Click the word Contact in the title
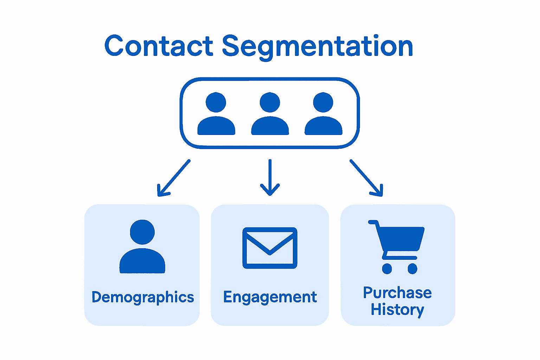[159, 46]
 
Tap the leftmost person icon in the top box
[216, 114]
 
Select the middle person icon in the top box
[270, 114]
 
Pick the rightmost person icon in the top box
[323, 114]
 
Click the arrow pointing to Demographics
[174, 178]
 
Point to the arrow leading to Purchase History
[366, 178]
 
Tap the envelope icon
[270, 248]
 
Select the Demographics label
[142, 297]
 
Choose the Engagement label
[270, 297]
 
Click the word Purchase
[397, 292]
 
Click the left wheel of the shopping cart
[387, 269]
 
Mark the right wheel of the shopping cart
[412, 269]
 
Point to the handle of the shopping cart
[373, 222]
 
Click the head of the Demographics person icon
[142, 232]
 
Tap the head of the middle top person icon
[270, 102]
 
